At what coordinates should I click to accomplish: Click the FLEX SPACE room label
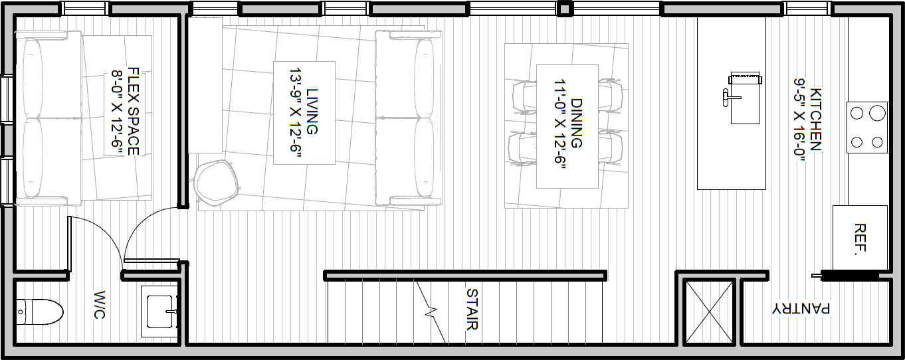134,111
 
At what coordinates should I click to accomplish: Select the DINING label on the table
577,124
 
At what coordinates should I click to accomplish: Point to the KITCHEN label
815,119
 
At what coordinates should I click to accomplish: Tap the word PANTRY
801,308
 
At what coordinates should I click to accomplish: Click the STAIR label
472,309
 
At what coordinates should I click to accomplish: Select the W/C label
100,304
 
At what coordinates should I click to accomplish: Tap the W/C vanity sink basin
161,312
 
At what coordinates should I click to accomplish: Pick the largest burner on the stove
877,113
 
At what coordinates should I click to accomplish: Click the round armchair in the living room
216,183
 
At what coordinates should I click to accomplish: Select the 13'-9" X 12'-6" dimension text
295,115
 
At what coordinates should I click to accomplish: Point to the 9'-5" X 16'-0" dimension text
799,120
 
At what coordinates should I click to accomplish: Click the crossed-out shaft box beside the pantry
709,313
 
